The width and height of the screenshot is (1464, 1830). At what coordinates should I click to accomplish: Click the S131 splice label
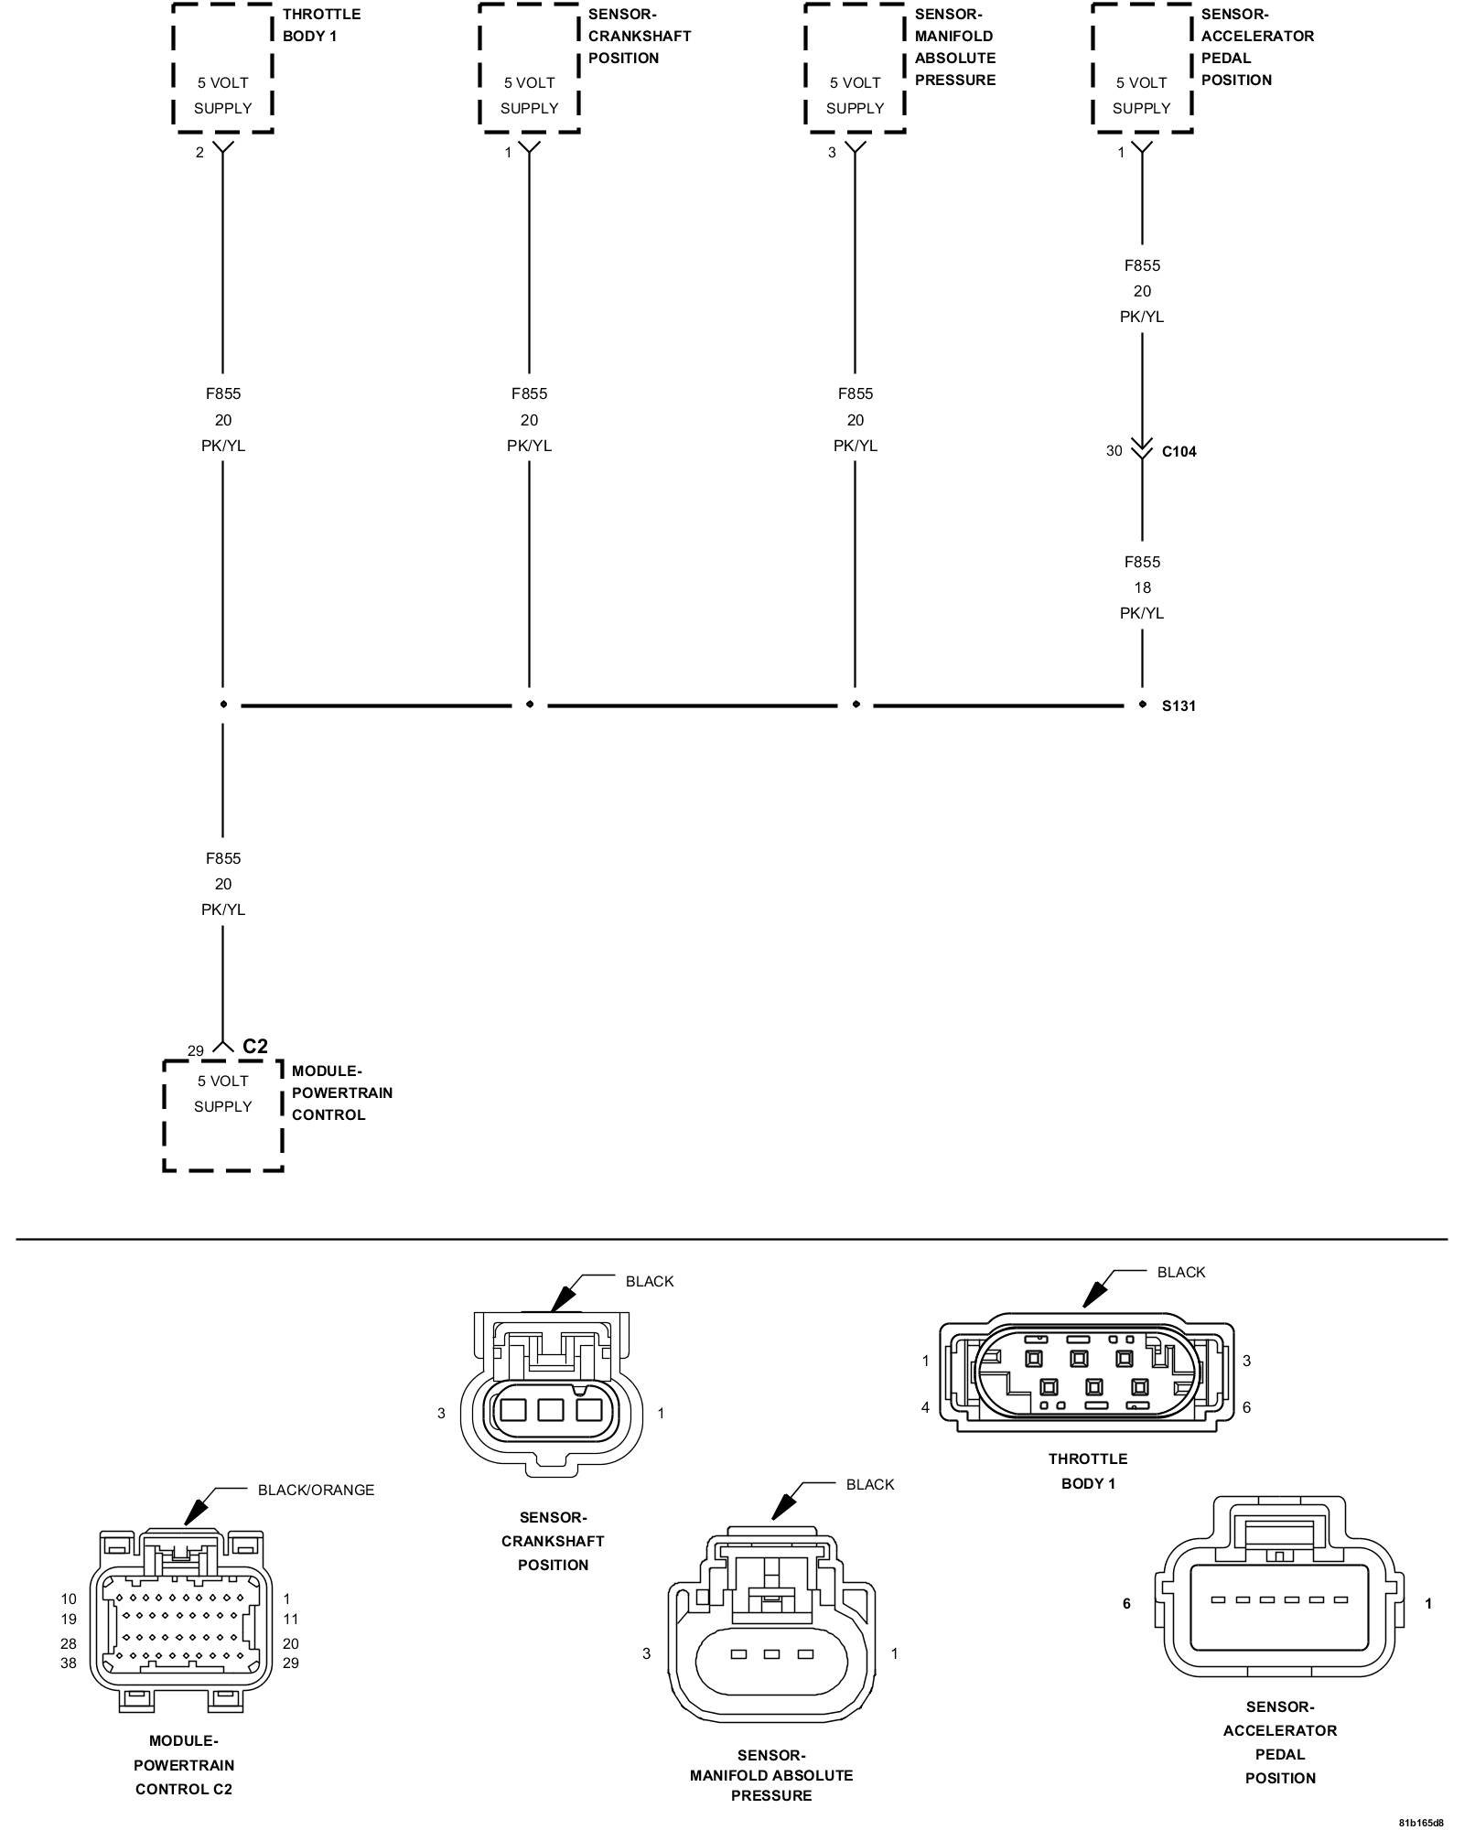click(1179, 705)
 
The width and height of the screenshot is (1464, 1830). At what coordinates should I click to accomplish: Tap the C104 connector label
click(1179, 451)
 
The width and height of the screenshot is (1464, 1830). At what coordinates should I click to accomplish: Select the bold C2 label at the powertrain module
click(255, 1046)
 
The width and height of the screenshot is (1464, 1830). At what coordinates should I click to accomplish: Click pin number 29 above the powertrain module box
click(195, 1050)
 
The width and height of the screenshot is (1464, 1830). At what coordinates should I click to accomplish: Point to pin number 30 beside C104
click(1114, 450)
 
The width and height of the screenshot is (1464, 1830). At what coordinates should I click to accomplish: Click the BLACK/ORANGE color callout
click(316, 1490)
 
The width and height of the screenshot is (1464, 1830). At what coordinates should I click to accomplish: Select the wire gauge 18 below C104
click(1142, 587)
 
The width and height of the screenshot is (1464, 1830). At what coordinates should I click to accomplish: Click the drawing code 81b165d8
click(1420, 1822)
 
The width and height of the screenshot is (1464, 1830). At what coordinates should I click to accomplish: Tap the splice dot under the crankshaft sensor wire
click(529, 705)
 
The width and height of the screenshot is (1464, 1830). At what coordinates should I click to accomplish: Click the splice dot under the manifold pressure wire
click(856, 705)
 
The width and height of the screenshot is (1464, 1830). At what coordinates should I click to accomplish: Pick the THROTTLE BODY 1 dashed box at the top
click(223, 68)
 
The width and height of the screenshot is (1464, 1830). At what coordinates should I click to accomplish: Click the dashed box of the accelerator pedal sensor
click(1142, 68)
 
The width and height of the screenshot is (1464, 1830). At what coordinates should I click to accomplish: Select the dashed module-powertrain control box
click(223, 1114)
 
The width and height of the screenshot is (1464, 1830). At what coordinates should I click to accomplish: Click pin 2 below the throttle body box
click(199, 152)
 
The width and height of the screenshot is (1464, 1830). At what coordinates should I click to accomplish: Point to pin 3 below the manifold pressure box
click(832, 152)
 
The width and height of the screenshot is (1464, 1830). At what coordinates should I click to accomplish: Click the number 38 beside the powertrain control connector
click(69, 1663)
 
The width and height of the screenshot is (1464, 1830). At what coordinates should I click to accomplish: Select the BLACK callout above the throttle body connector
click(1180, 1272)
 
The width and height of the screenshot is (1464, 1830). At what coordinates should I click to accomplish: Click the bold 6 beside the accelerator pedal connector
click(1126, 1603)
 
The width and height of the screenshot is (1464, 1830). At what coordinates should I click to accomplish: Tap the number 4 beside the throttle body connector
click(925, 1407)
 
